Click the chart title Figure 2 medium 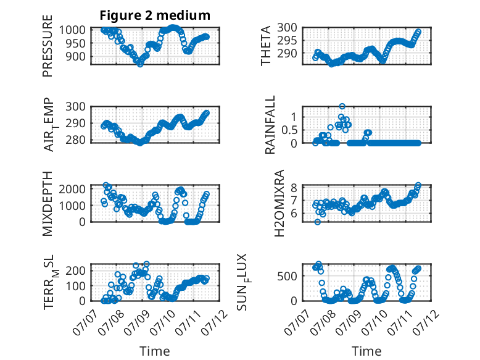pyautogui.click(x=155, y=15)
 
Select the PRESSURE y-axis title pyautogui.click(x=48, y=46)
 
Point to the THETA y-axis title pyautogui.click(x=266, y=46)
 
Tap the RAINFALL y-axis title pyautogui.click(x=270, y=125)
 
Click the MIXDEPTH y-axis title pyautogui.click(x=48, y=204)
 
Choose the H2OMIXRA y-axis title pyautogui.click(x=279, y=203)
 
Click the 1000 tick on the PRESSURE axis pyautogui.click(x=72, y=30)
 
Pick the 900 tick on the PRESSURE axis pyautogui.click(x=76, y=56)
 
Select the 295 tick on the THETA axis pyautogui.click(x=288, y=40)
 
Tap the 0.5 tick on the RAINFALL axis pyautogui.click(x=289, y=130)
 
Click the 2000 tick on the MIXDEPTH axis pyautogui.click(x=72, y=189)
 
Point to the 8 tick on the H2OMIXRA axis pyautogui.click(x=294, y=188)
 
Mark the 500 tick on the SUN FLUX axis pyautogui.click(x=288, y=276)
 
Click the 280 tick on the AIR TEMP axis pyautogui.click(x=76, y=140)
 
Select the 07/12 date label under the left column pyautogui.click(x=216, y=322)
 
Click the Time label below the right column pyautogui.click(x=366, y=351)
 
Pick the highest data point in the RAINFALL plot pyautogui.click(x=342, y=106)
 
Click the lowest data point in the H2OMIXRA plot pyautogui.click(x=318, y=222)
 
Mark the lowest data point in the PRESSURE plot pyautogui.click(x=140, y=64)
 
